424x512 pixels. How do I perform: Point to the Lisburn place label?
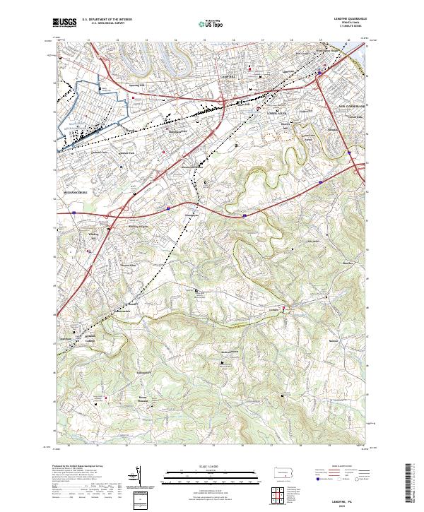[x=274, y=309]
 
